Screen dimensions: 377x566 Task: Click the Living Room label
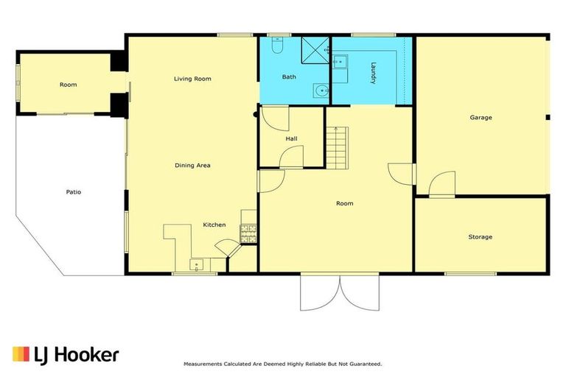192,79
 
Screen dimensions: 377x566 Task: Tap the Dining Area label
192,166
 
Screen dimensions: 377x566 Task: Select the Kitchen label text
214,225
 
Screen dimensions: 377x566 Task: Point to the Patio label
73,192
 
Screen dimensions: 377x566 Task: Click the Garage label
481,118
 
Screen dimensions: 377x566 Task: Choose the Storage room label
481,237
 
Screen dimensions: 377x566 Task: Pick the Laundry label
373,73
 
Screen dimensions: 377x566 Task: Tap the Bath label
289,77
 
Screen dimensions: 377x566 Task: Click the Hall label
291,138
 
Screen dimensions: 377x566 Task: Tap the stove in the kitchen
248,233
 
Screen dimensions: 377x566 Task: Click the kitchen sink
198,264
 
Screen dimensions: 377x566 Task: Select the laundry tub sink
341,61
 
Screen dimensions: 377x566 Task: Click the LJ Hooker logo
66,354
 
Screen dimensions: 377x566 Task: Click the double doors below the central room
339,292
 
